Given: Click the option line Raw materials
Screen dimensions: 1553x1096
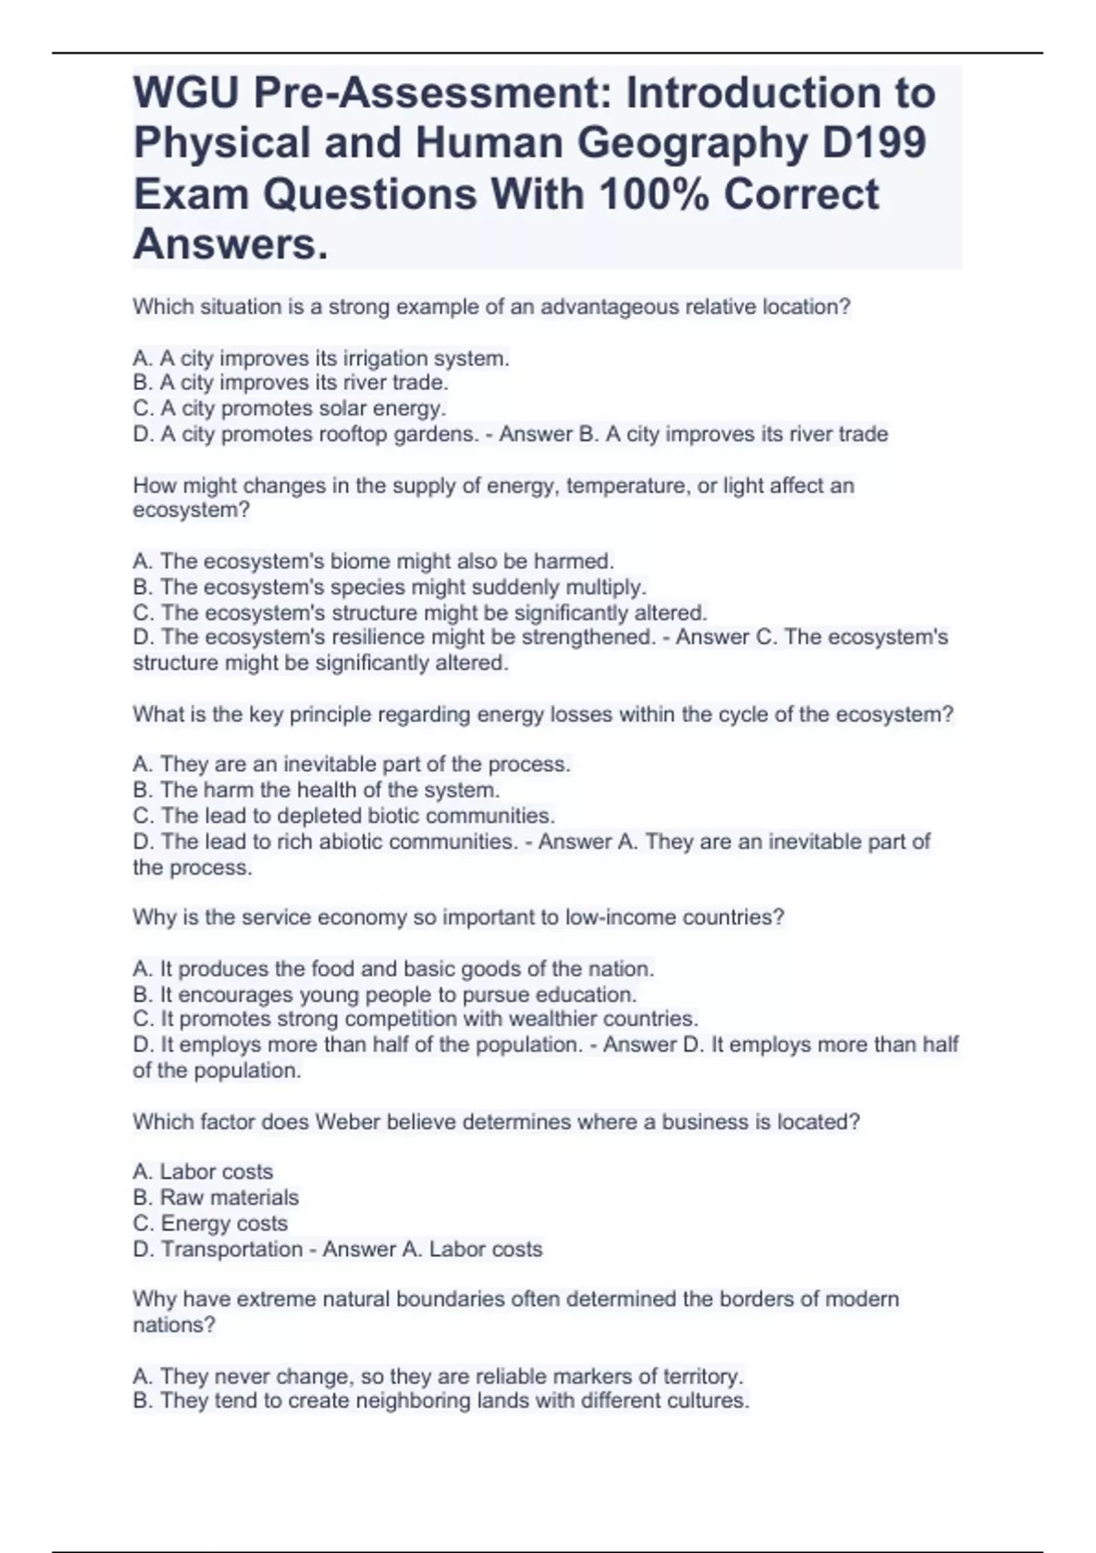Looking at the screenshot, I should tap(216, 1198).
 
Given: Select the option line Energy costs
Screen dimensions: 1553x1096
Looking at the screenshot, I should tap(210, 1223).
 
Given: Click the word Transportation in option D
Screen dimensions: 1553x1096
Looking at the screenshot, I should tap(231, 1249).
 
